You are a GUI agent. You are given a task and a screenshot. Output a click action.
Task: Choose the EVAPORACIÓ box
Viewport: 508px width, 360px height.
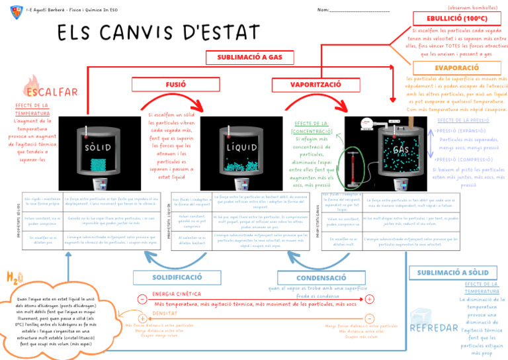(x=456, y=68)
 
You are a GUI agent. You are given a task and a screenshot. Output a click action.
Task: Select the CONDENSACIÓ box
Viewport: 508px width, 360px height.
(x=321, y=278)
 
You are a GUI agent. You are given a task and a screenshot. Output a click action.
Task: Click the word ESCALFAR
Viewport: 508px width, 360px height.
(x=52, y=91)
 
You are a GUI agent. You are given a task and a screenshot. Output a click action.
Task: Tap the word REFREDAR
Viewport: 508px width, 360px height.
(x=434, y=328)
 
